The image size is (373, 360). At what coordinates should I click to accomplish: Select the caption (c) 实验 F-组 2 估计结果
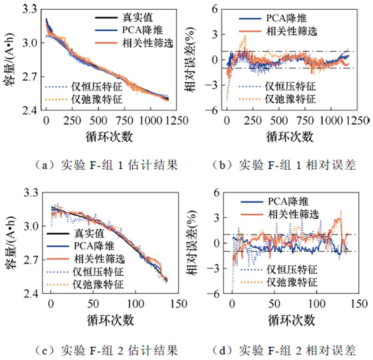(x=106, y=350)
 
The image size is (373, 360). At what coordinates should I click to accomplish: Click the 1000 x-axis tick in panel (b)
(x=332, y=121)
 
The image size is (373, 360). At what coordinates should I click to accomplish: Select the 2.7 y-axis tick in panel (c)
(x=31, y=260)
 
